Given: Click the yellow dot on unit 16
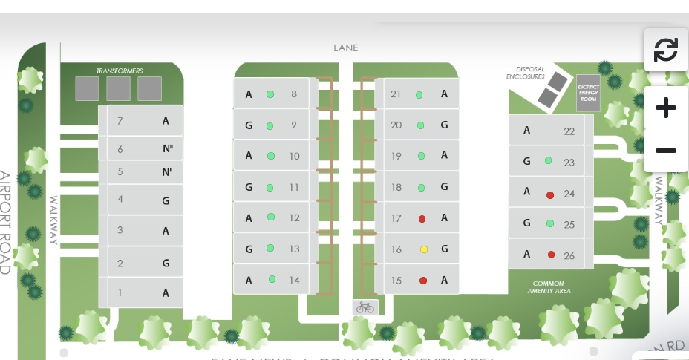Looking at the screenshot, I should point(423,249).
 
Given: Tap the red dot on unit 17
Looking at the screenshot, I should point(422,218).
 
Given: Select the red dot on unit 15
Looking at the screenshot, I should point(422,281).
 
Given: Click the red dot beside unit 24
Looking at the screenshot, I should point(550,195).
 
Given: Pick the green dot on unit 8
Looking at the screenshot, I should point(270,94).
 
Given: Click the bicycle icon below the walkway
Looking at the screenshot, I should point(365,307).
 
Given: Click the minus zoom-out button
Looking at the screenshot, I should point(665,151).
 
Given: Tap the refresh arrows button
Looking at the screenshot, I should point(665,50).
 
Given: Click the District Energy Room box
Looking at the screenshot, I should point(588,93).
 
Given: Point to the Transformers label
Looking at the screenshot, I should point(119,71).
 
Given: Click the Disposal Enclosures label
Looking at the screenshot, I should point(526,73).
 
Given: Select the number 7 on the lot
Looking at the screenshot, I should point(120,121).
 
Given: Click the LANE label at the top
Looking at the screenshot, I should point(345,48).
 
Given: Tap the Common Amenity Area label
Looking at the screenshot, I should point(548,287).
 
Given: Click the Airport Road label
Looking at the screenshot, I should point(5,223).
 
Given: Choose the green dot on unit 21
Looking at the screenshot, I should point(419,95).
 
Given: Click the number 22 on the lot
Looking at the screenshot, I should point(569,131).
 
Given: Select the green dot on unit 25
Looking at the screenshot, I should point(550,223).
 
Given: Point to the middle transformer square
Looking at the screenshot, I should point(118,88).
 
